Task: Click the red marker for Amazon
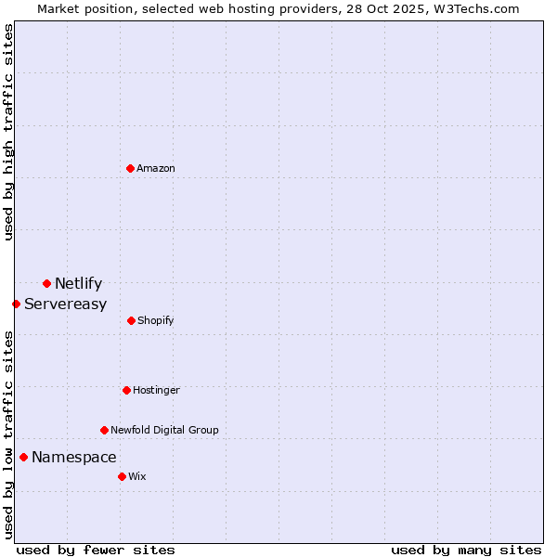click(x=130, y=168)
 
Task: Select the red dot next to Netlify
click(x=46, y=283)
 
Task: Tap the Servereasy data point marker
click(x=16, y=304)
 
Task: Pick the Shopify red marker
click(x=131, y=320)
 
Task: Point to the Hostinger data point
click(x=126, y=390)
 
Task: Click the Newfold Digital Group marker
click(x=104, y=430)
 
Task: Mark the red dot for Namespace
click(x=23, y=457)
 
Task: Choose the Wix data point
click(x=122, y=476)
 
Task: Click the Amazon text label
click(x=156, y=169)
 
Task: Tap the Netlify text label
click(x=78, y=284)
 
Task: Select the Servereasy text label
click(x=65, y=304)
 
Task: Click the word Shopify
click(x=155, y=321)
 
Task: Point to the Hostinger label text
click(x=156, y=391)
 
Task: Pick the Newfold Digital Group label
click(x=164, y=431)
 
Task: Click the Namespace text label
click(x=73, y=458)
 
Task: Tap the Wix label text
click(x=137, y=477)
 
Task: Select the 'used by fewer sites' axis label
click(x=96, y=550)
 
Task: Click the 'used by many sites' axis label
click(x=466, y=550)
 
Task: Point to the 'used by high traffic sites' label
click(x=8, y=132)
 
